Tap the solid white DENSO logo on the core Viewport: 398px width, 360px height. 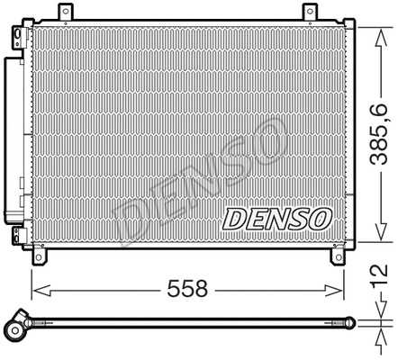[x=277, y=219]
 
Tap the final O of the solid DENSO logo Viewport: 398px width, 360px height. [x=320, y=219]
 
